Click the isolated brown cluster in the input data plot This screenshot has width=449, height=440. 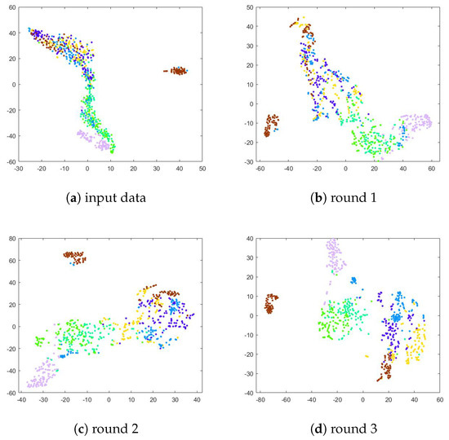(176, 71)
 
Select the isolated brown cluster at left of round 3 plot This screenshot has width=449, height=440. (270, 303)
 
